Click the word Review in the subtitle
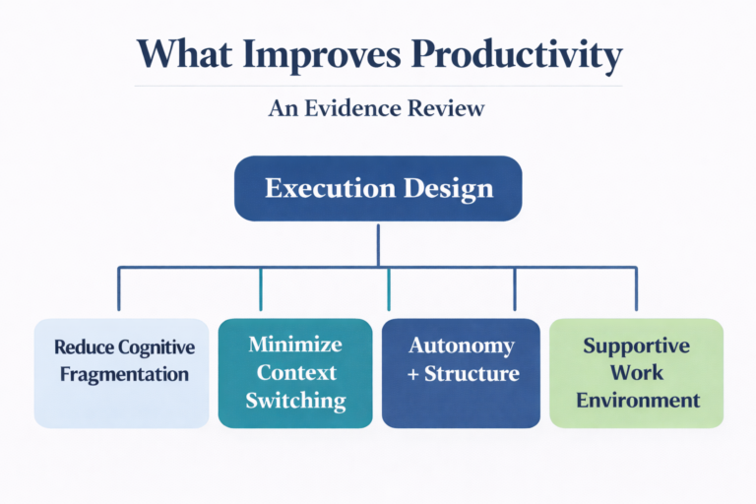[x=451, y=107]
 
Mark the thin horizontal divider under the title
[x=378, y=86]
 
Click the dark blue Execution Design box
[x=378, y=188]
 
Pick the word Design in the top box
[x=446, y=188]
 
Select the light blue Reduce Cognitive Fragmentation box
[x=121, y=372]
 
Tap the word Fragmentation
[x=122, y=374]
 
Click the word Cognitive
[x=156, y=347]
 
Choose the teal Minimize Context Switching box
[x=295, y=372]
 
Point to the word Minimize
[x=295, y=345]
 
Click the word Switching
[x=295, y=400]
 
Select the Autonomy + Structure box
[x=461, y=372]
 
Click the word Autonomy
[x=462, y=346]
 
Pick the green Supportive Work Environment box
[x=636, y=372]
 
